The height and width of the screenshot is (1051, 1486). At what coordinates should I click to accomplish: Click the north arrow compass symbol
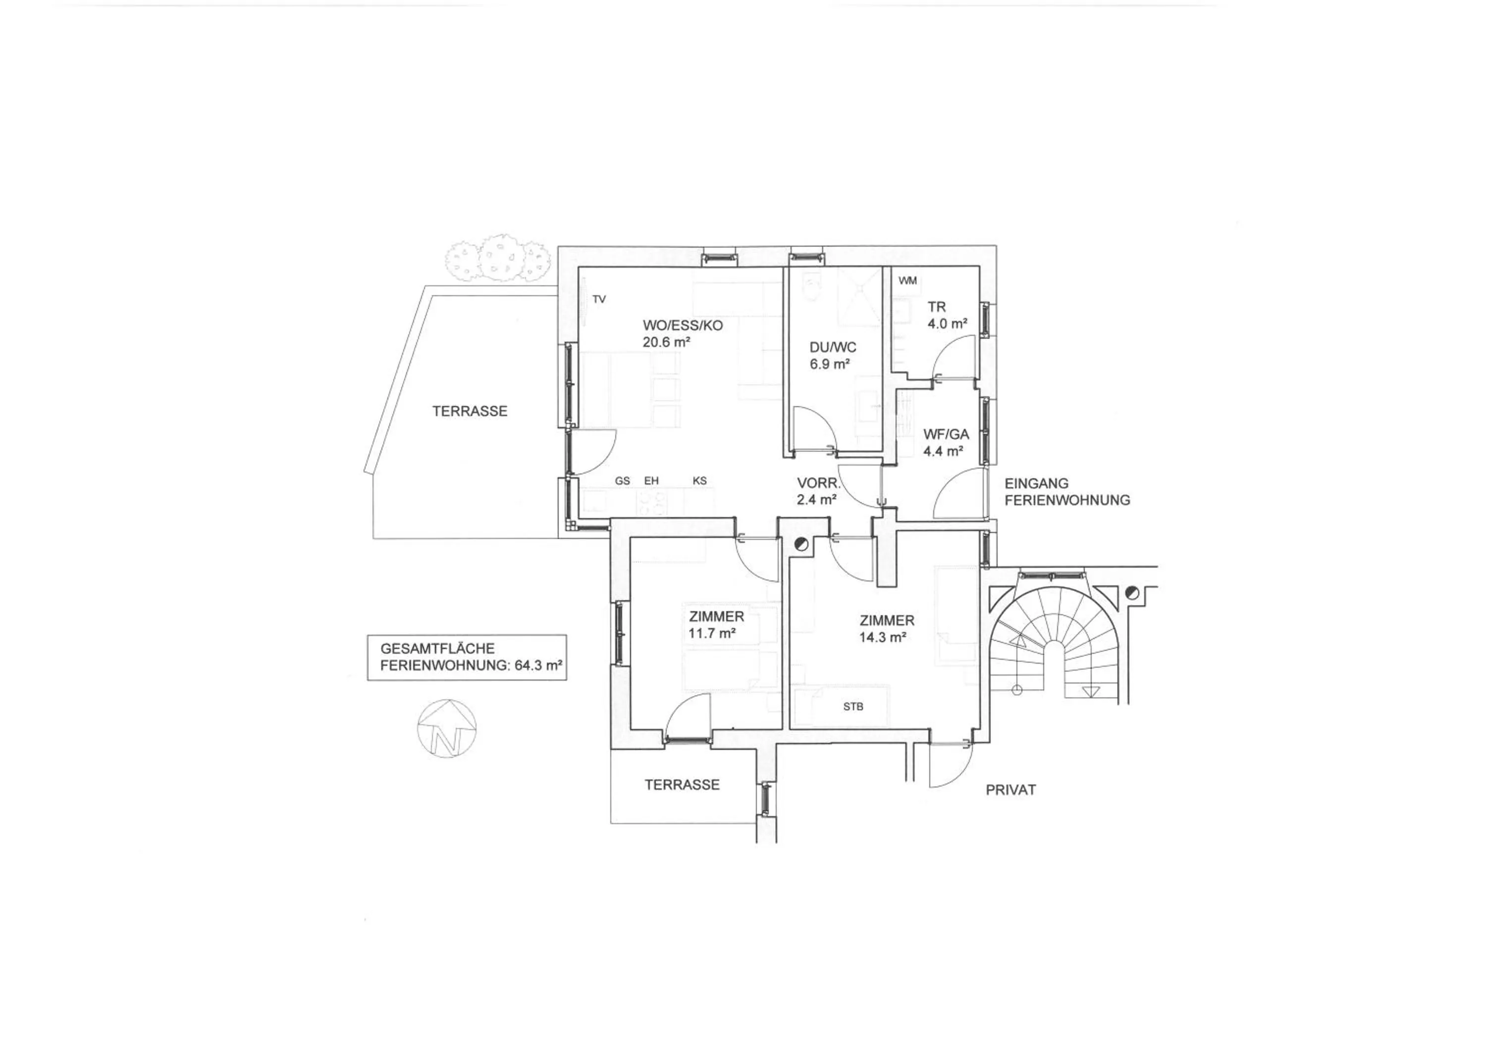point(447,728)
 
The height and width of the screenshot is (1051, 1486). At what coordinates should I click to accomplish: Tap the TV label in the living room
point(599,299)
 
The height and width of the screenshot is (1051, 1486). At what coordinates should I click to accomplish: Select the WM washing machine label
point(907,281)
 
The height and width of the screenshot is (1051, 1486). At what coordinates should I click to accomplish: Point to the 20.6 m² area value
point(666,342)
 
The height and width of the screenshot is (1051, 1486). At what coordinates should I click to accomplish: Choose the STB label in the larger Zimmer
point(853,707)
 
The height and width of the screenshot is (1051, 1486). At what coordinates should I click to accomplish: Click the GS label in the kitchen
point(623,481)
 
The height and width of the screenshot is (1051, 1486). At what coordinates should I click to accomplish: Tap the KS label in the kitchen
point(699,481)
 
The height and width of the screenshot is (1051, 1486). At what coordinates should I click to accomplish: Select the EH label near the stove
point(651,481)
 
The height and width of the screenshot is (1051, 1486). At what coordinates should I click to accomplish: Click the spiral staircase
point(1058,637)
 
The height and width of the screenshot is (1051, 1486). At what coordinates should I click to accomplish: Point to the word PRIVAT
point(1010,790)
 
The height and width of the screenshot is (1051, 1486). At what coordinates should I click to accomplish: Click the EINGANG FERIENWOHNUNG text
point(1067,492)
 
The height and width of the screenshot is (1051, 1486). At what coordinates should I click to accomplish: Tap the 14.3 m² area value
point(882,637)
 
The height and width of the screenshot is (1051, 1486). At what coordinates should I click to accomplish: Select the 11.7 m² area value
point(711,633)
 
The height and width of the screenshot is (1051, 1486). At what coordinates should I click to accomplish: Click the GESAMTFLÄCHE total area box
point(467,657)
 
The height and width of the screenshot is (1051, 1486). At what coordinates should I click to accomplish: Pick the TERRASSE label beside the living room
point(470,411)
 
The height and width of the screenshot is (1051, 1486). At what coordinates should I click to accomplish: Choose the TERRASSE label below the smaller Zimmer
point(682,785)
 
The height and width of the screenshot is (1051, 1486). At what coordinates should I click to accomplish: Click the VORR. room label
point(819,483)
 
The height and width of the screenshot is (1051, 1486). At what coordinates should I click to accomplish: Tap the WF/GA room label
point(946,435)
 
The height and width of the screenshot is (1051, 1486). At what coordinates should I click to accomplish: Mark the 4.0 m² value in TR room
point(947,323)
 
